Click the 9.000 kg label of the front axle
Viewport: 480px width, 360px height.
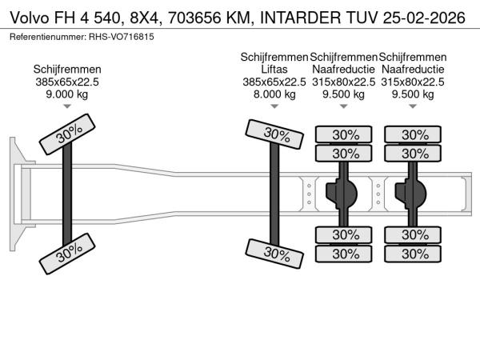pyautogui.click(x=66, y=94)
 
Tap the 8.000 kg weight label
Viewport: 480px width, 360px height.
pyautogui.click(x=274, y=94)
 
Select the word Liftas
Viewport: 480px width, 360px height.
pyautogui.click(x=274, y=70)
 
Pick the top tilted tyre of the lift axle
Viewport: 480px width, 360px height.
pyautogui.click(x=274, y=135)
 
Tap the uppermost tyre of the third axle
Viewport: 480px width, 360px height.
pyautogui.click(x=345, y=134)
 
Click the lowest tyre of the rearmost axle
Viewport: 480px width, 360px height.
pyautogui.click(x=414, y=254)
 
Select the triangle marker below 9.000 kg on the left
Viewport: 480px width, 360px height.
pyautogui.click(x=66, y=106)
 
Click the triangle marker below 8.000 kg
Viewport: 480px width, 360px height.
pyautogui.click(x=274, y=106)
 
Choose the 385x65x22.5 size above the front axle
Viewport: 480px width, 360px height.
pyautogui.click(x=66, y=82)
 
